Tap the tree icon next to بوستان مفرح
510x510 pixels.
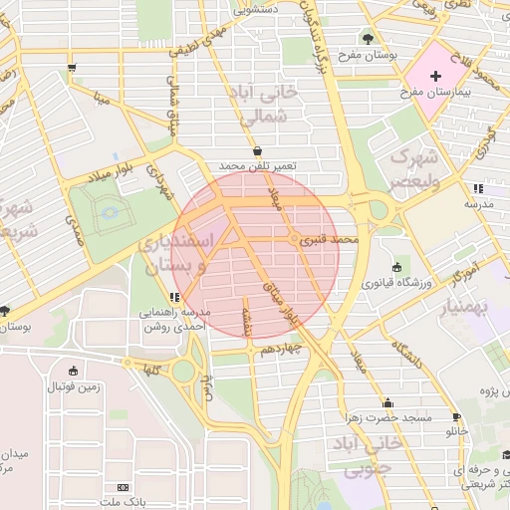click(370, 39)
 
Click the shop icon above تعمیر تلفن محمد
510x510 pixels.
click(258, 150)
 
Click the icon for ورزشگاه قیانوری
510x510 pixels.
click(398, 267)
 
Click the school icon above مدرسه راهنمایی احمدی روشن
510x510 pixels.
click(174, 297)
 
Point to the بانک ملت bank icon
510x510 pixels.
click(123, 488)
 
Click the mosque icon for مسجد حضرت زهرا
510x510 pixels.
click(387, 402)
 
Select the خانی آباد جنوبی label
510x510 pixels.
click(370, 454)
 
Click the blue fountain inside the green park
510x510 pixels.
click(109, 211)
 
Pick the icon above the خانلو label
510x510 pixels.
click(456, 417)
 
